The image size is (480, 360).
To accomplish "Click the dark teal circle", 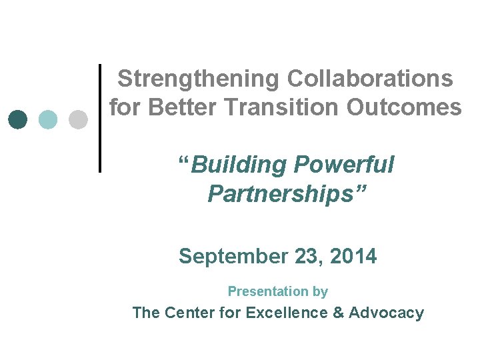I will [19, 119].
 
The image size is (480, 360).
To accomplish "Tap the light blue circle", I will [49, 119].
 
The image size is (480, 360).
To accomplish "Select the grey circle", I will [79, 119].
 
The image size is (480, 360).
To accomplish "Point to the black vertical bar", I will [100, 118].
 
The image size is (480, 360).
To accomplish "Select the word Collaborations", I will [370, 79].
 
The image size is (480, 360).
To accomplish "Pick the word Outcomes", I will [408, 107].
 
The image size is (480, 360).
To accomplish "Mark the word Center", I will [189, 313].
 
